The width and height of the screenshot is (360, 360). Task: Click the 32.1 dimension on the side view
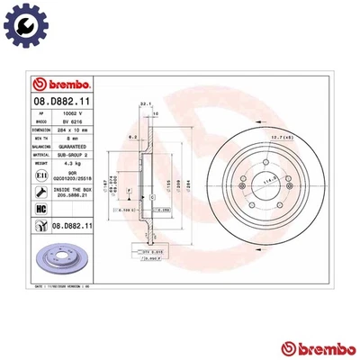(x=144, y=105)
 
